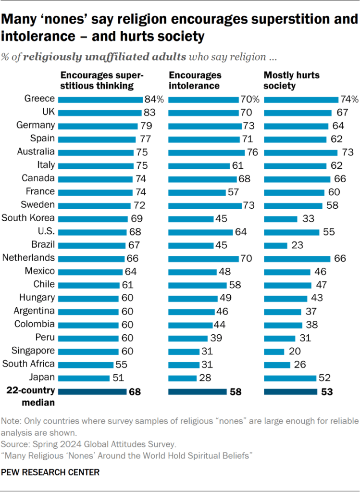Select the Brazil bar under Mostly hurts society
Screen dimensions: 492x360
point(276,245)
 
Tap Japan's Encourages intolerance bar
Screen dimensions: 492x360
point(182,377)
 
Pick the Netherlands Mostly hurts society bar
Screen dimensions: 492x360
point(297,258)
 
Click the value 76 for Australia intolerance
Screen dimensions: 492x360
point(253,152)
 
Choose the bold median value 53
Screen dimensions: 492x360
point(327,392)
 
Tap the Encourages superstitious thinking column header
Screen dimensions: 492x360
point(101,80)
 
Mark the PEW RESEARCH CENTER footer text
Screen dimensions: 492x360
point(50,472)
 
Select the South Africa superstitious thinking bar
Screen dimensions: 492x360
point(86,364)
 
